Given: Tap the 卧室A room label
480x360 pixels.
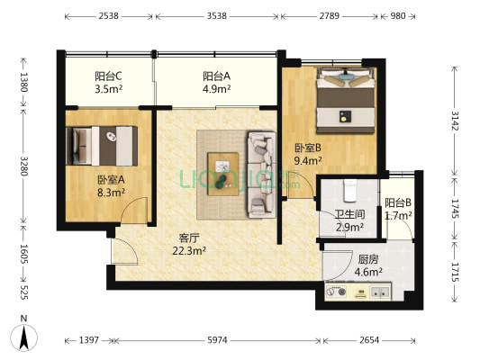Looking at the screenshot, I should pyautogui.click(x=111, y=185).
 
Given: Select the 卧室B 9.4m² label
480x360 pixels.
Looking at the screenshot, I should pyautogui.click(x=308, y=155).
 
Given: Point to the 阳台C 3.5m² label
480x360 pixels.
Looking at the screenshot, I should pyautogui.click(x=109, y=83).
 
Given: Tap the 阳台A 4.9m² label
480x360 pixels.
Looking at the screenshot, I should pyautogui.click(x=216, y=83).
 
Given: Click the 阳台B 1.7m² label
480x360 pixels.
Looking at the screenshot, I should pyautogui.click(x=397, y=210).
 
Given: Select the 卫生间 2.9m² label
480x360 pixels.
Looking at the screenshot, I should pyautogui.click(x=349, y=221).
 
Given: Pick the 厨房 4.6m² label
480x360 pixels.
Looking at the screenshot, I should pyautogui.click(x=367, y=265).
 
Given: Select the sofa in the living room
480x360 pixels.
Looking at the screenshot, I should pyautogui.click(x=260, y=173).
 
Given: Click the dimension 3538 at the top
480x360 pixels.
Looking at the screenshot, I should pyautogui.click(x=216, y=16).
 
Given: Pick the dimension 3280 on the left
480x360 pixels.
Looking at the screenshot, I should pyautogui.click(x=24, y=166).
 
